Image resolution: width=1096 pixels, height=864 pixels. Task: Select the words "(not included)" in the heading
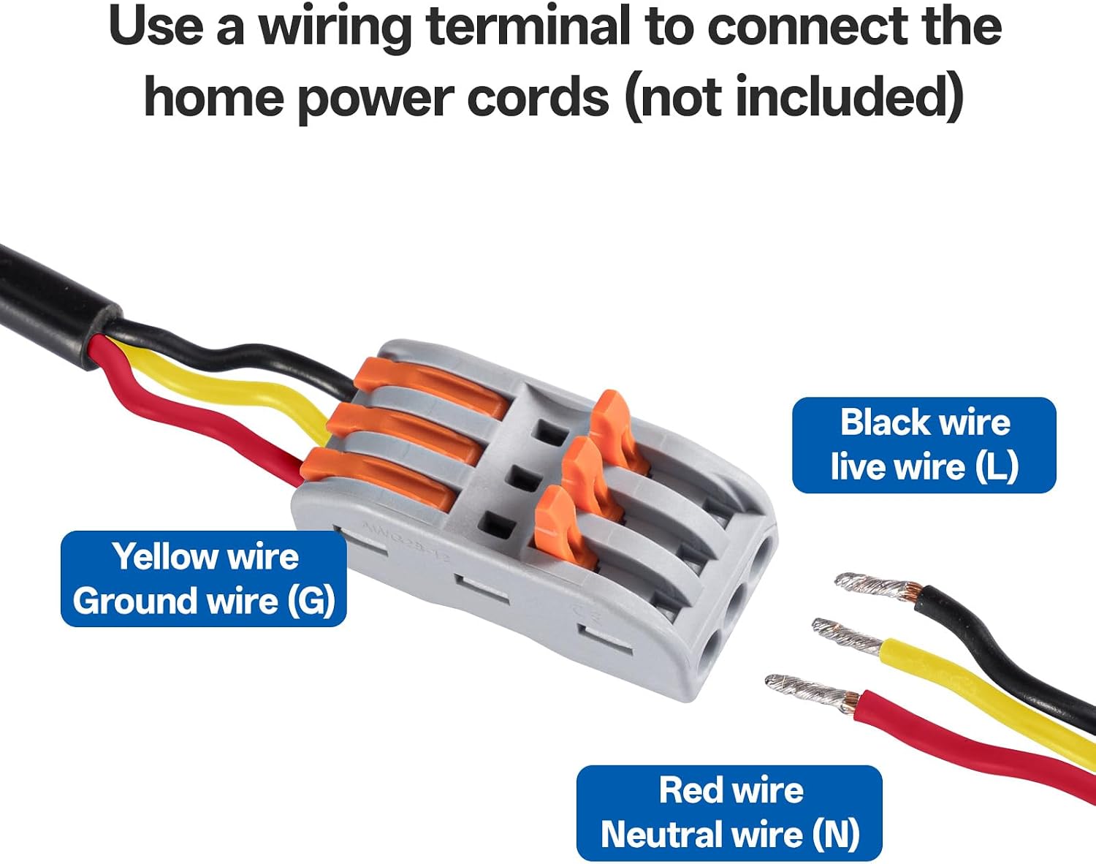click(794, 96)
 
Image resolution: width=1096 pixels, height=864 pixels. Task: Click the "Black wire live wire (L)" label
click(924, 445)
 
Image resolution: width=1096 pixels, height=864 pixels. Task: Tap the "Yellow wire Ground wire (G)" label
click(204, 579)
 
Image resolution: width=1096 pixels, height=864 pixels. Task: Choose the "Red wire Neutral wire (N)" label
click(728, 813)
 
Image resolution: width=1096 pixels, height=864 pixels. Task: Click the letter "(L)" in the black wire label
click(997, 467)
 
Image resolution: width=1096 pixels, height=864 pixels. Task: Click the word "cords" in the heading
click(538, 96)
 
